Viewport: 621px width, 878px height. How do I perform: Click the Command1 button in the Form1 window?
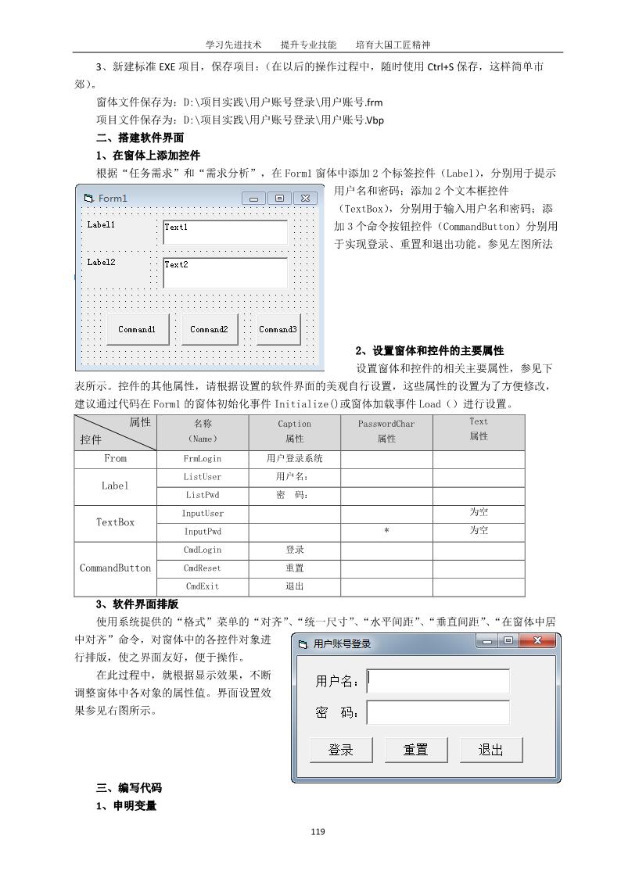coord(137,329)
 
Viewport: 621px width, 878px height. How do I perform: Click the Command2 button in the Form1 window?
coord(209,329)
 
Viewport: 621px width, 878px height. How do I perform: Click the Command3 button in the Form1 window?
coord(278,329)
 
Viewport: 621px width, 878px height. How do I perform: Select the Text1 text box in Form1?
coord(225,232)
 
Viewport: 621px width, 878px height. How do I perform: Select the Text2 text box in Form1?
coord(225,271)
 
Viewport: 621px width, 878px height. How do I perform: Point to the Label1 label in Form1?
coord(101,224)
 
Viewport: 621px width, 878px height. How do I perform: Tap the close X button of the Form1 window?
coord(306,198)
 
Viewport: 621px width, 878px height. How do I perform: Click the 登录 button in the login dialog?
coord(341,750)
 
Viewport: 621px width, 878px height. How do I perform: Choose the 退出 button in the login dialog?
coord(490,750)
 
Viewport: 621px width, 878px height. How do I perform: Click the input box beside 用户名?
coord(438,681)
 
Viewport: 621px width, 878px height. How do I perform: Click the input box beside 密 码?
coord(438,712)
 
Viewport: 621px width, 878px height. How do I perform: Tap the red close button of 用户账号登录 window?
coord(537,641)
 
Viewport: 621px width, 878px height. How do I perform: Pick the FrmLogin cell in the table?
coord(203,458)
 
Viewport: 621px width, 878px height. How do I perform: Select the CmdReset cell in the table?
coord(203,568)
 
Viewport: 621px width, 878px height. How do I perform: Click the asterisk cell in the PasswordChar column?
coord(386,531)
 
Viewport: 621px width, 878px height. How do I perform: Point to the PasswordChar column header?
coord(386,431)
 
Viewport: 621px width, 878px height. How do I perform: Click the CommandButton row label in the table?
coord(116,568)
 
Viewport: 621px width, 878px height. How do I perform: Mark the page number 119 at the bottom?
coord(317,831)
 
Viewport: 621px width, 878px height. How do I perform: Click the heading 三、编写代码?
coord(129,787)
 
